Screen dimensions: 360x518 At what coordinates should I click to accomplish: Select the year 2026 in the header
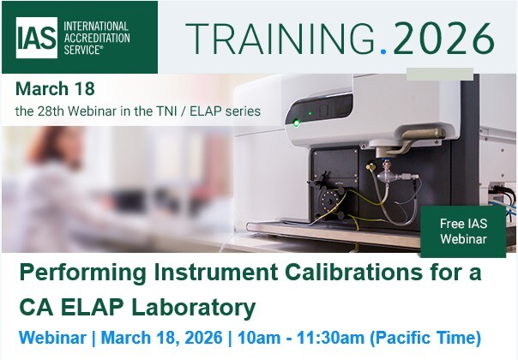(x=442, y=38)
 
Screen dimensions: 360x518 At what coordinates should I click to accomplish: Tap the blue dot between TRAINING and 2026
(x=383, y=51)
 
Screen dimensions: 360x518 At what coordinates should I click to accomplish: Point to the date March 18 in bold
(x=55, y=89)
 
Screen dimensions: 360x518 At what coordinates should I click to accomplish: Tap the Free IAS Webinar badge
(x=462, y=231)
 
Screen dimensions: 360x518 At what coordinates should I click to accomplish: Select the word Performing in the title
(x=73, y=273)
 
